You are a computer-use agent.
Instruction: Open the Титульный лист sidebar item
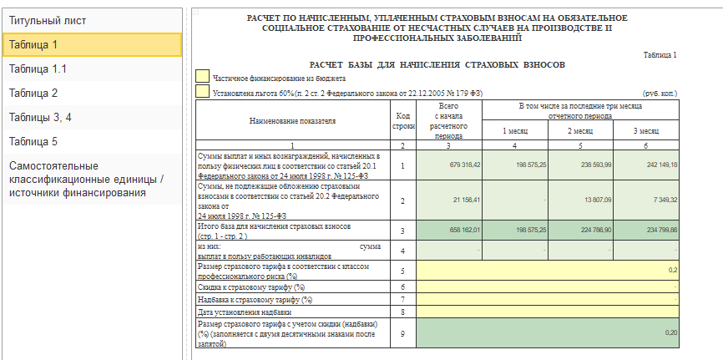90,20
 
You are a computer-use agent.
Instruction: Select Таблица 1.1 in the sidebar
90,68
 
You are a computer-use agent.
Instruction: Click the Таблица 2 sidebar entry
90,93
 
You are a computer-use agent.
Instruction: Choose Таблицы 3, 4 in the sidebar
90,117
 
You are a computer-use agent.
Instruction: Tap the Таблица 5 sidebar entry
90,141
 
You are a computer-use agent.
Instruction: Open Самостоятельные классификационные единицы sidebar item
90,179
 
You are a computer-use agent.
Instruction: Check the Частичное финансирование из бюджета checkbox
202,76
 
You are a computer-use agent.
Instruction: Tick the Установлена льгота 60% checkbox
202,92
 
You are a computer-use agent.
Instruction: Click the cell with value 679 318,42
449,165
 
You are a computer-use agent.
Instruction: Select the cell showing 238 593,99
580,165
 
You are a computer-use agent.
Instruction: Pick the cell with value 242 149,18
645,165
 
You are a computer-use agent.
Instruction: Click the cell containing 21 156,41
449,200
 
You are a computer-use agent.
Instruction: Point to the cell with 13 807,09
580,200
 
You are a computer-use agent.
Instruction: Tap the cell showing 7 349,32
645,200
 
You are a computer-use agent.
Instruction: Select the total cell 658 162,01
449,230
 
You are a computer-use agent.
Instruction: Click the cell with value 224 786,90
580,230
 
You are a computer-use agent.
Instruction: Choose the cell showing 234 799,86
645,230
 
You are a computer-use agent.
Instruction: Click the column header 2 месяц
580,131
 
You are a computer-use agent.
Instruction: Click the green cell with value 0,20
547,332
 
